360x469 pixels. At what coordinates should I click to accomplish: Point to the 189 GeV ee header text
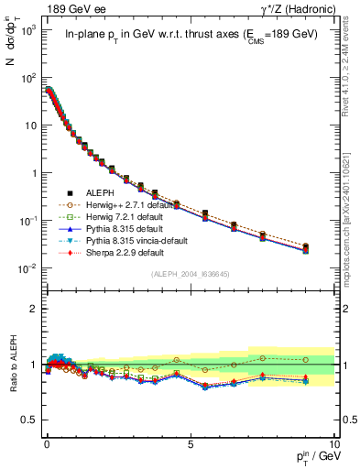pyautogui.click(x=76, y=10)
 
